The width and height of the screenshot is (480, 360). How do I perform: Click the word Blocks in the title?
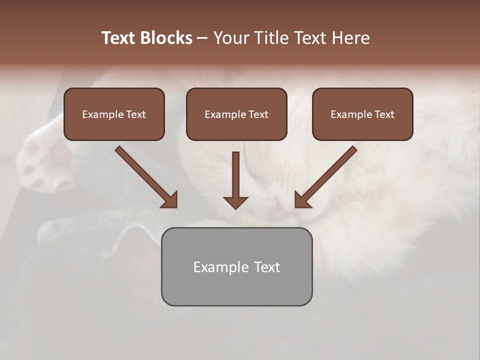(167, 38)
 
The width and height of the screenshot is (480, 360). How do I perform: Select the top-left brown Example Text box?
(114, 114)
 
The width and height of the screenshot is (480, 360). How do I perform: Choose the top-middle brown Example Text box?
(236, 114)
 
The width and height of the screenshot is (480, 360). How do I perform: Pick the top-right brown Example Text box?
(362, 114)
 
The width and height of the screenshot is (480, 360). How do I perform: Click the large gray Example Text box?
(236, 267)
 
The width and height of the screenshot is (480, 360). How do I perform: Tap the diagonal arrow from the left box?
(145, 176)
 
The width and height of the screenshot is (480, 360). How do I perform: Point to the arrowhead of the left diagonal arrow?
(170, 199)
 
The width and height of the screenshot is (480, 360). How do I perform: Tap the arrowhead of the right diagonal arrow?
(302, 199)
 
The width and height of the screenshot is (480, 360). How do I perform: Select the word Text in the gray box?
(267, 267)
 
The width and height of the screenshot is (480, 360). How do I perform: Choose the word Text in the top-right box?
(384, 114)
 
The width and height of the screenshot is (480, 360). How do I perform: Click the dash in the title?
(202, 38)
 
